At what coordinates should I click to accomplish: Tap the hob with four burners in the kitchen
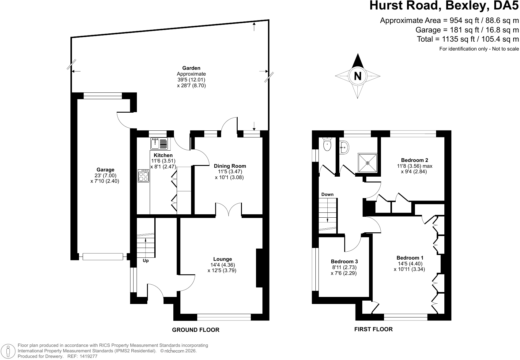[x=143, y=176]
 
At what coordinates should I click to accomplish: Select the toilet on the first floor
[x=327, y=144]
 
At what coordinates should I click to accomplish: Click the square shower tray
[x=367, y=163]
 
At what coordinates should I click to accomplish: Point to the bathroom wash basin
[x=345, y=147]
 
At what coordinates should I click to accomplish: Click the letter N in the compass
[x=358, y=76]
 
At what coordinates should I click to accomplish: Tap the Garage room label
[x=105, y=170]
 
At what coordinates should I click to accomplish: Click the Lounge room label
[x=223, y=259]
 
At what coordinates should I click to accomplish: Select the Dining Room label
[x=230, y=166]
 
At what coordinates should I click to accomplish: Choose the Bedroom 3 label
[x=344, y=262]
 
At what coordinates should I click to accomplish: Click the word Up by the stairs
[x=145, y=261]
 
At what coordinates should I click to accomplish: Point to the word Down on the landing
[x=327, y=194]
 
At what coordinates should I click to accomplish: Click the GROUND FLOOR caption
[x=196, y=330]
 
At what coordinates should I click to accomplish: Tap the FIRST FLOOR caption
[x=374, y=329]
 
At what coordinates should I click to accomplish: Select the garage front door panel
[x=103, y=257]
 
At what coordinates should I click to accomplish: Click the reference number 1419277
[x=89, y=356]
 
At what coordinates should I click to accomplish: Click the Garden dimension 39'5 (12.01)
[x=191, y=80]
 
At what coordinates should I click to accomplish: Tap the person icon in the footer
[x=8, y=351]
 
